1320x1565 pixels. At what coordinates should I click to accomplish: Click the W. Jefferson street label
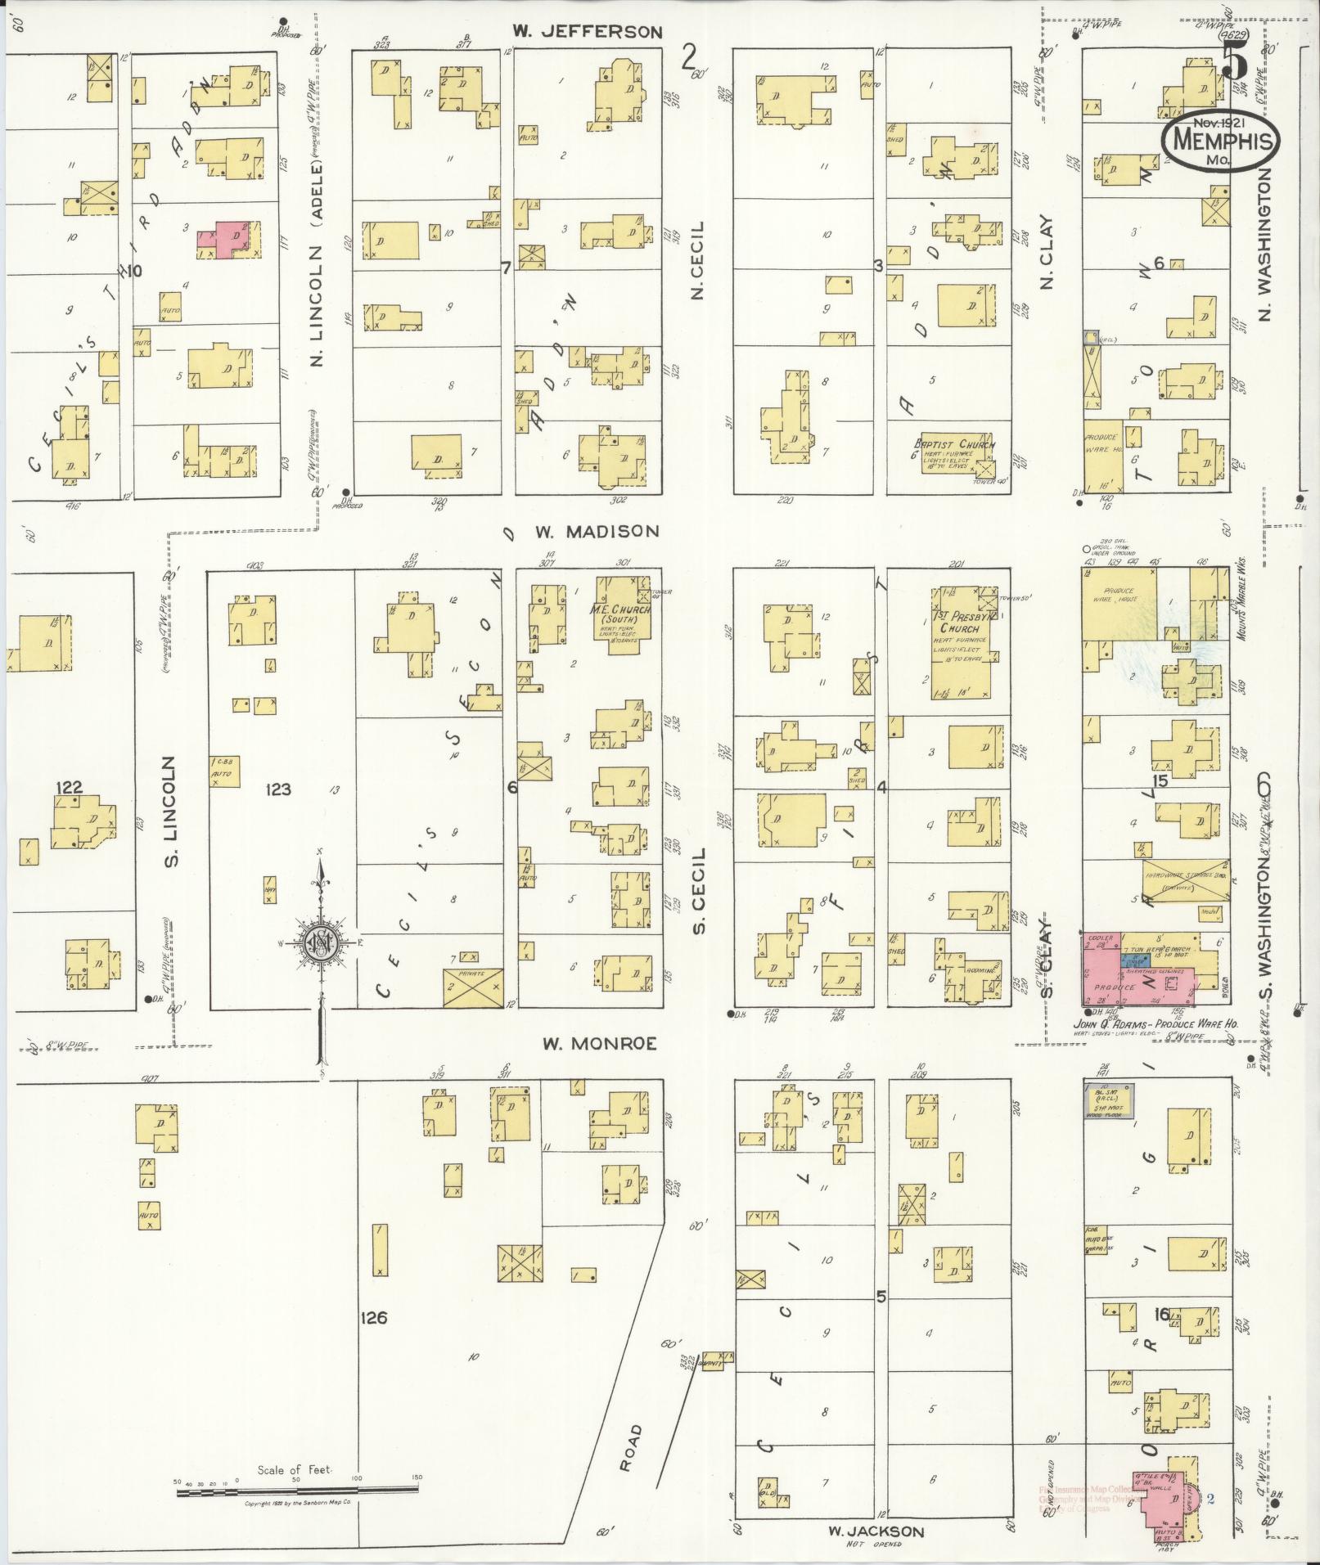point(587,32)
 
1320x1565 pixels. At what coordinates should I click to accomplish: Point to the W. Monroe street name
point(599,1044)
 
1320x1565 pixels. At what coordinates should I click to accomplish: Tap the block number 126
point(372,1318)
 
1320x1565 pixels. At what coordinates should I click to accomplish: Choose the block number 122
point(69,787)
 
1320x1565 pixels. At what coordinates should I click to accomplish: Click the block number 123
point(278,789)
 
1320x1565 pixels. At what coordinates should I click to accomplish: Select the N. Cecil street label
point(697,259)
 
